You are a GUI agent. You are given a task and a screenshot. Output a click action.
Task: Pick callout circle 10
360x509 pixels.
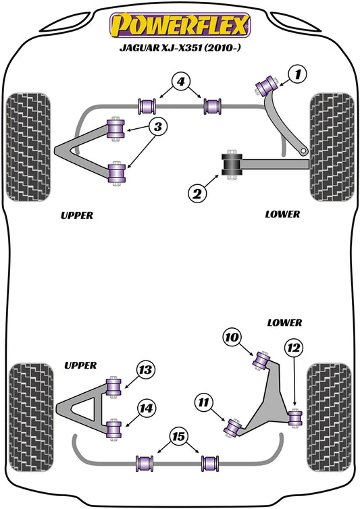(x=232, y=337)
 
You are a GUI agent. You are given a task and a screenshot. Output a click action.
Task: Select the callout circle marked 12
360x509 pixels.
(x=292, y=348)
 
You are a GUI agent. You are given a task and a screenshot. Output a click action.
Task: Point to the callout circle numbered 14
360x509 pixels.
(x=145, y=407)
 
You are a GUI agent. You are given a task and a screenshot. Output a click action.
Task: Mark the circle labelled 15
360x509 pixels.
(x=179, y=437)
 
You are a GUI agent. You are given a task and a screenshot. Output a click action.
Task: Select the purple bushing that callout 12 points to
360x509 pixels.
(x=295, y=419)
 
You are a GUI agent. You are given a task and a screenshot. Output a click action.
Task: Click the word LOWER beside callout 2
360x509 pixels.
(x=283, y=214)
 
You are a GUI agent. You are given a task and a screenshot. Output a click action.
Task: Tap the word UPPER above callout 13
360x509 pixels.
(x=80, y=365)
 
